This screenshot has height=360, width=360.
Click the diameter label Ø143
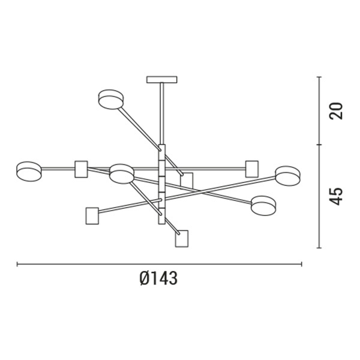pyautogui.click(x=158, y=279)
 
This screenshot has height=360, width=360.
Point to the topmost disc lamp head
pyautogui.click(x=110, y=98)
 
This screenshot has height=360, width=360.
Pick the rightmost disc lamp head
pyautogui.click(x=287, y=176)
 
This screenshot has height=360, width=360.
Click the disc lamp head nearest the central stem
pyautogui.click(x=121, y=173)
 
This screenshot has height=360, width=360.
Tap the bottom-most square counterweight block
pyautogui.click(x=182, y=238)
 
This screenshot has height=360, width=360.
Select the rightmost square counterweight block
pyautogui.click(x=252, y=169)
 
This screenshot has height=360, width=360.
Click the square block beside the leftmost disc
pyautogui.click(x=81, y=169)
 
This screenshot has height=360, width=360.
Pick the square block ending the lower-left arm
pyautogui.click(x=92, y=215)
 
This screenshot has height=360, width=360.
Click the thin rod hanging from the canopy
pyautogui.click(x=162, y=114)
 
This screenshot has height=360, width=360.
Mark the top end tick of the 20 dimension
pyautogui.click(x=319, y=77)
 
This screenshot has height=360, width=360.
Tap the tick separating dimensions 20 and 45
pyautogui.click(x=319, y=145)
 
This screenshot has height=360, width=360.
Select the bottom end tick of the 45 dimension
pyautogui.click(x=319, y=247)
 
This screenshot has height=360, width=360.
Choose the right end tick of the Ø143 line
pyautogui.click(x=302, y=263)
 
